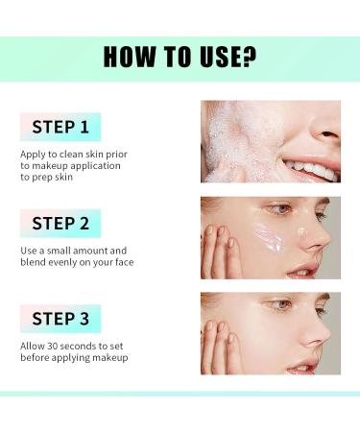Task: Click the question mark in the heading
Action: pyautogui.click(x=248, y=57)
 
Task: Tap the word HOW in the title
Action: pyautogui.click(x=129, y=57)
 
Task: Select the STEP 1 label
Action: pyautogui.click(x=60, y=127)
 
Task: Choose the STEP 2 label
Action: pyautogui.click(x=60, y=223)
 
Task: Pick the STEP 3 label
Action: pyautogui.click(x=60, y=319)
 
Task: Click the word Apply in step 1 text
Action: pyautogui.click(x=33, y=155)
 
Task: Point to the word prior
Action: pyautogui.click(x=116, y=155)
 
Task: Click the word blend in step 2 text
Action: pyautogui.click(x=33, y=262)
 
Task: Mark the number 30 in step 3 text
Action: pyautogui.click(x=52, y=347)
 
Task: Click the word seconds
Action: pyautogui.click(x=78, y=347)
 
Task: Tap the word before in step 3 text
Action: pyautogui.click(x=35, y=357)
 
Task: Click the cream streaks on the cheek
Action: pyautogui.click(x=268, y=236)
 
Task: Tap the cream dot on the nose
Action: pyautogui.click(x=301, y=230)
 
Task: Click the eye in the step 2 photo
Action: pyautogui.click(x=281, y=209)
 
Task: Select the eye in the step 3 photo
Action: pyautogui.click(x=281, y=304)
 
